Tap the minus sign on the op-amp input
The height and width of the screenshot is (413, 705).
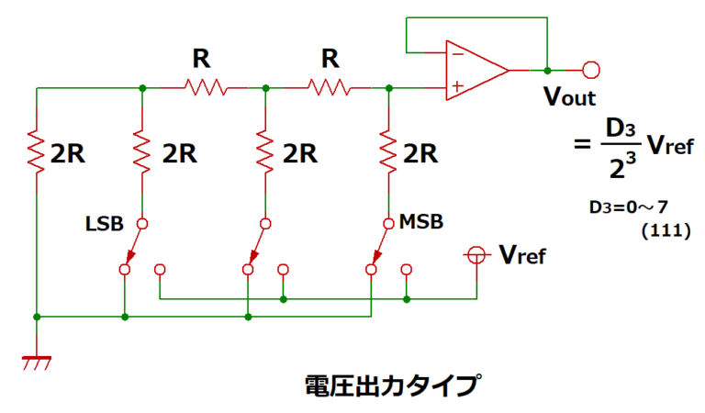454,54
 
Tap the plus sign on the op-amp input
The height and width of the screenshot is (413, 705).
454,87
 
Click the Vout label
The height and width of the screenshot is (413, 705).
571,97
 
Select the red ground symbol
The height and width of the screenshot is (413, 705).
37,363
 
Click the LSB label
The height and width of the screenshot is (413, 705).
105,223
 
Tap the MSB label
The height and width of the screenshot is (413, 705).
421,222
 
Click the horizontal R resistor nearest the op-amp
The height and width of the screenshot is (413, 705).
328,88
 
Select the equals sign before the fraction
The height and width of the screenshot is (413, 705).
580,145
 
